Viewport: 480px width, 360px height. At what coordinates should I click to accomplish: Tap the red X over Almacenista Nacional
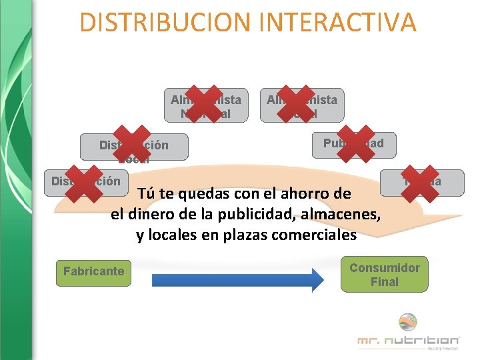pyautogui.click(x=205, y=104)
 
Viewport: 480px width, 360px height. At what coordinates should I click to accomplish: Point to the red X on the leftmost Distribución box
pyautogui.click(x=83, y=182)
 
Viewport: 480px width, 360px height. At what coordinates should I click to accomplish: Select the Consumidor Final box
pyautogui.click(x=385, y=274)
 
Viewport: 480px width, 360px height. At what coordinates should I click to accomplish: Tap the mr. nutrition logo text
pyautogui.click(x=408, y=341)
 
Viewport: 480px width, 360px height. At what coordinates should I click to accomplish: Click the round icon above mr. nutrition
pyautogui.click(x=407, y=322)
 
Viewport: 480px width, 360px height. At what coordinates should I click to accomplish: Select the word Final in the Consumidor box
pyautogui.click(x=385, y=282)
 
